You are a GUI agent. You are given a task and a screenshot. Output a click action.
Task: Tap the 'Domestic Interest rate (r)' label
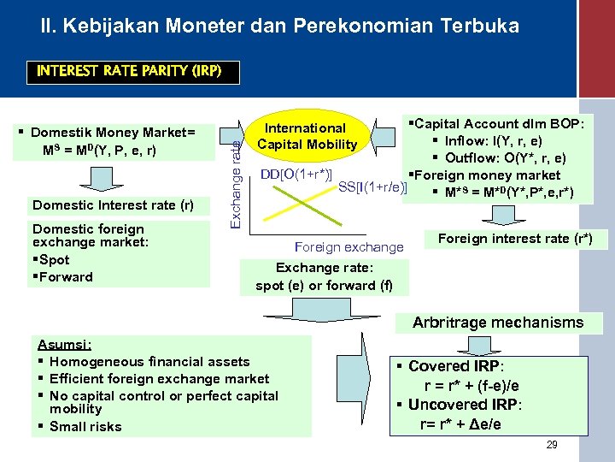(x=113, y=205)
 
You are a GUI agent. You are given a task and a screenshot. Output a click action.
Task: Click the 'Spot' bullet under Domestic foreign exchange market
(x=53, y=260)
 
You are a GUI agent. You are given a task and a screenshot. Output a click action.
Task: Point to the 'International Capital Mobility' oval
(x=307, y=136)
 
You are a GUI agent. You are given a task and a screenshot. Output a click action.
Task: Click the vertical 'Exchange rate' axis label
(x=235, y=176)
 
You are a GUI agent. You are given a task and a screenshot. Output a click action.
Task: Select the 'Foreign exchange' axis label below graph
(x=348, y=247)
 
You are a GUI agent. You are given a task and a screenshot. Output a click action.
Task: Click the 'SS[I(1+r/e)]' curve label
(x=373, y=187)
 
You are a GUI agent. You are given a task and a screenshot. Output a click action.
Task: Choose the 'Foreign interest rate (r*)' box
(x=514, y=239)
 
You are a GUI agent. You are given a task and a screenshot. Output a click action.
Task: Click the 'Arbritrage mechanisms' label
(x=498, y=323)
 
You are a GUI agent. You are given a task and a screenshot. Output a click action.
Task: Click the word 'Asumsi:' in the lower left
(x=65, y=345)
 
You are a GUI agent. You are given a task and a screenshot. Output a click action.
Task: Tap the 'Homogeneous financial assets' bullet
(x=149, y=362)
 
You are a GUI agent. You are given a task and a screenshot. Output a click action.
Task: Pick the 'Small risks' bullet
(x=85, y=427)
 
